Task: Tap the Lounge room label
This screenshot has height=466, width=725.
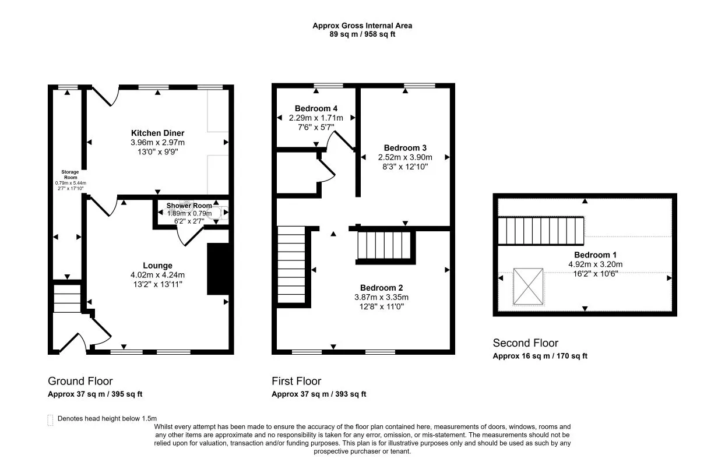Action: pos(157,266)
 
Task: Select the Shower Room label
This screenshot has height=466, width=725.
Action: pos(189,206)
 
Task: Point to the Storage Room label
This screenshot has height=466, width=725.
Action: pos(71,175)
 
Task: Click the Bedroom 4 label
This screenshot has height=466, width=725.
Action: pos(316,108)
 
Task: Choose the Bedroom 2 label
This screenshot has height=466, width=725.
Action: pos(381,288)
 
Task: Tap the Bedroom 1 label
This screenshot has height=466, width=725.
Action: pos(595,255)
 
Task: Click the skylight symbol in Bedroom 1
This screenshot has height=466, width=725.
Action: pos(528,287)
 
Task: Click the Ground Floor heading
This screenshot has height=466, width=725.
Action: pos(80,382)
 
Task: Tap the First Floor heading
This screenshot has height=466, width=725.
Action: pos(296,382)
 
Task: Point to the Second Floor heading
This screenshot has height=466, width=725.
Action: pos(525,343)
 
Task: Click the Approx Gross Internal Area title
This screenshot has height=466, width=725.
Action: pos(362,26)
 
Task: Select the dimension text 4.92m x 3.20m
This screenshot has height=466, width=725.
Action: pos(595,264)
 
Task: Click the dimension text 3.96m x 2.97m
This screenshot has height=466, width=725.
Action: pos(157,143)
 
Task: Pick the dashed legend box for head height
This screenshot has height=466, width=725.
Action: pos(50,419)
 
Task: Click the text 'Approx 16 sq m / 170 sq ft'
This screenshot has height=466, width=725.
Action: pos(540,356)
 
